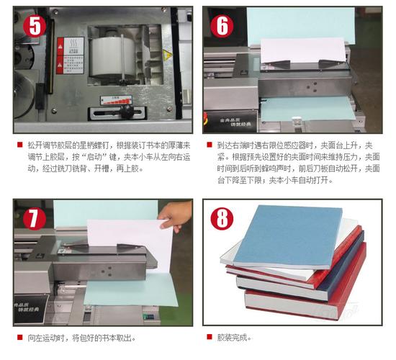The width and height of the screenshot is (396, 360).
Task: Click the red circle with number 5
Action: click(35, 26)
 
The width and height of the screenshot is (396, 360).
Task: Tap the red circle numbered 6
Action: click(222, 26)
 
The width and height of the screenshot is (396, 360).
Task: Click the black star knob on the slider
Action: click(127, 112)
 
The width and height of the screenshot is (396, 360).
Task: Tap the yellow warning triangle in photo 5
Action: click(168, 55)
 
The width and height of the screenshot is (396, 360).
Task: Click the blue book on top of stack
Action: click(288, 235)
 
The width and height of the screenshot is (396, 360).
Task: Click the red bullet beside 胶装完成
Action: click(210, 337)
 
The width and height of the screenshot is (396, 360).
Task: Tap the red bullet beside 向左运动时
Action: click(19, 337)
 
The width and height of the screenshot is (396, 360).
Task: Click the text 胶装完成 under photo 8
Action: click(234, 337)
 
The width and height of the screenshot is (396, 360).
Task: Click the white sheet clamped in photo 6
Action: click(303, 50)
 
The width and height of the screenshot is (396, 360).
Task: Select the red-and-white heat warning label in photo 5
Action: click(71, 55)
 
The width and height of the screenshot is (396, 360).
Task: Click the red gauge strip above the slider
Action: click(116, 101)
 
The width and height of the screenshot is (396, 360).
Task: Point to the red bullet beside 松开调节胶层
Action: click(19, 145)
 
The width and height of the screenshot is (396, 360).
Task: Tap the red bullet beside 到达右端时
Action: click(210, 145)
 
